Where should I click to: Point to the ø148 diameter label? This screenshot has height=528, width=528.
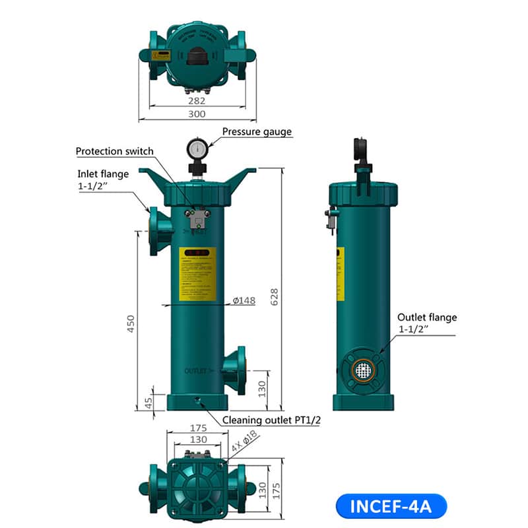(x=244, y=301)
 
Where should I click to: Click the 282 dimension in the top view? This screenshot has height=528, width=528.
(x=197, y=100)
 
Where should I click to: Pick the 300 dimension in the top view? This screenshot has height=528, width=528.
(x=197, y=114)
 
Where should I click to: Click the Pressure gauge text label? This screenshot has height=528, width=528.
(x=257, y=131)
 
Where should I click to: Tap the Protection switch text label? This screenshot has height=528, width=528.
(x=115, y=151)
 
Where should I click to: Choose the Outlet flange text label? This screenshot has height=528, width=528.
(x=426, y=317)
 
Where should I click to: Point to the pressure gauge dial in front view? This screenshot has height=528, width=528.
(x=196, y=148)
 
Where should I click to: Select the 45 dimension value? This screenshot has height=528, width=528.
(x=149, y=401)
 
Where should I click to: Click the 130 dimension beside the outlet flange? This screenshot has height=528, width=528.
(x=261, y=390)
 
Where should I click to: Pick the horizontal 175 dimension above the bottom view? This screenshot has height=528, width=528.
(x=197, y=428)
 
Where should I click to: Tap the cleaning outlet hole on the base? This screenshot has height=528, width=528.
(x=197, y=398)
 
